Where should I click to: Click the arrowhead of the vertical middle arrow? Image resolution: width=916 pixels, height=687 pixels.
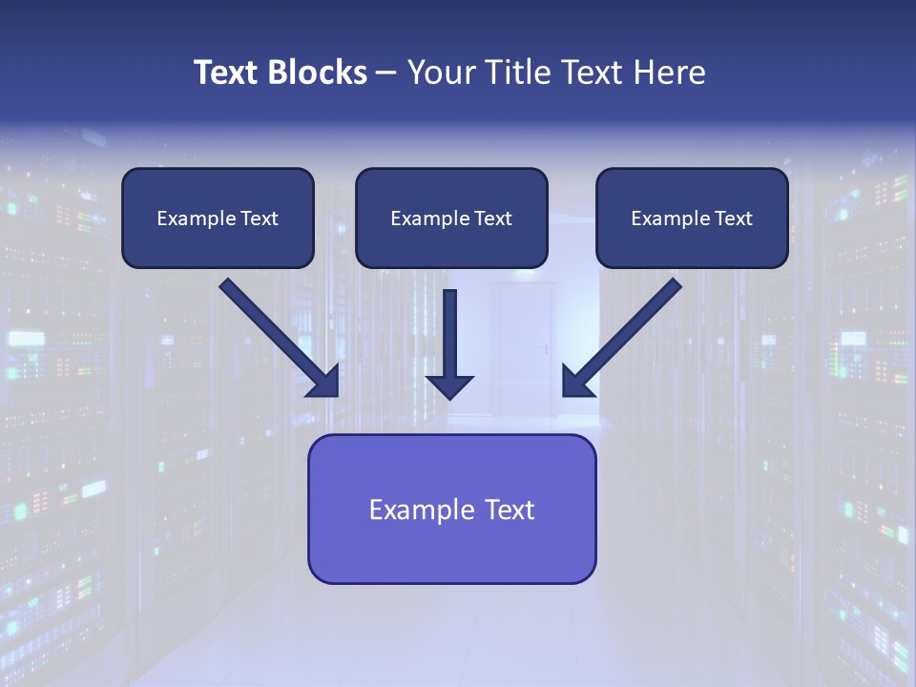(449, 386)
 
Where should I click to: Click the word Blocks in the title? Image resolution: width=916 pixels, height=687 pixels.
(317, 73)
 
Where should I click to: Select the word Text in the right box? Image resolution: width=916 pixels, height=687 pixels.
(734, 219)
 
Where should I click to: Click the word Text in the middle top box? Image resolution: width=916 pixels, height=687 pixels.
(493, 219)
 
